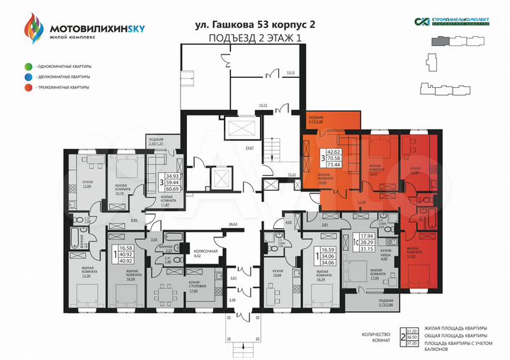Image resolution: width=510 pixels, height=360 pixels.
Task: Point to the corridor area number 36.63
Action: (x=232, y=224)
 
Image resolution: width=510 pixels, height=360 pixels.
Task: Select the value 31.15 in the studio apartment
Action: (x=367, y=248)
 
